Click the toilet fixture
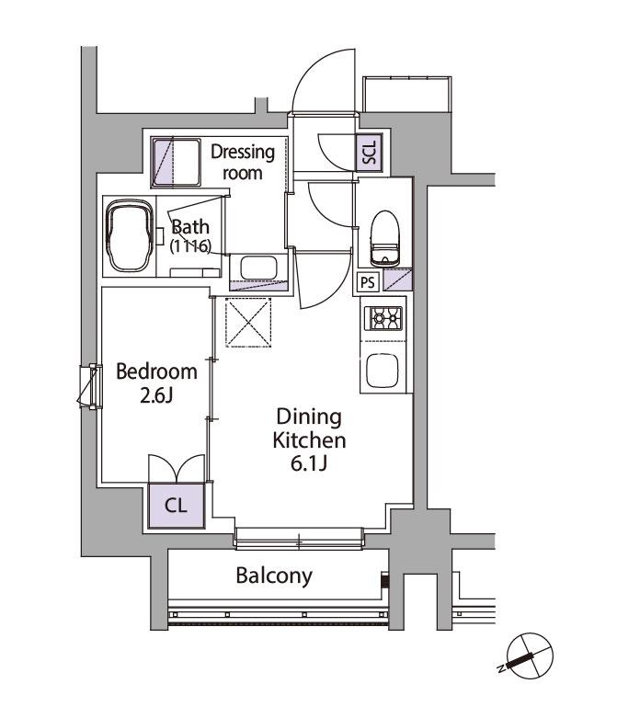384,238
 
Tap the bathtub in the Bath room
129,236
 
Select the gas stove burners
386,318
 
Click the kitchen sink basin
383,371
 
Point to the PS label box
368,283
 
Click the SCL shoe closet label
369,152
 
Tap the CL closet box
177,506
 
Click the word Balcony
274,576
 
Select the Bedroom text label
156,371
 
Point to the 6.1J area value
309,463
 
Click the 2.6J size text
156,395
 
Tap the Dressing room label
243,162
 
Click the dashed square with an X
248,323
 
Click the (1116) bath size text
190,246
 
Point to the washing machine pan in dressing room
176,163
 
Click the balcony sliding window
299,539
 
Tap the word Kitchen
309,440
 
